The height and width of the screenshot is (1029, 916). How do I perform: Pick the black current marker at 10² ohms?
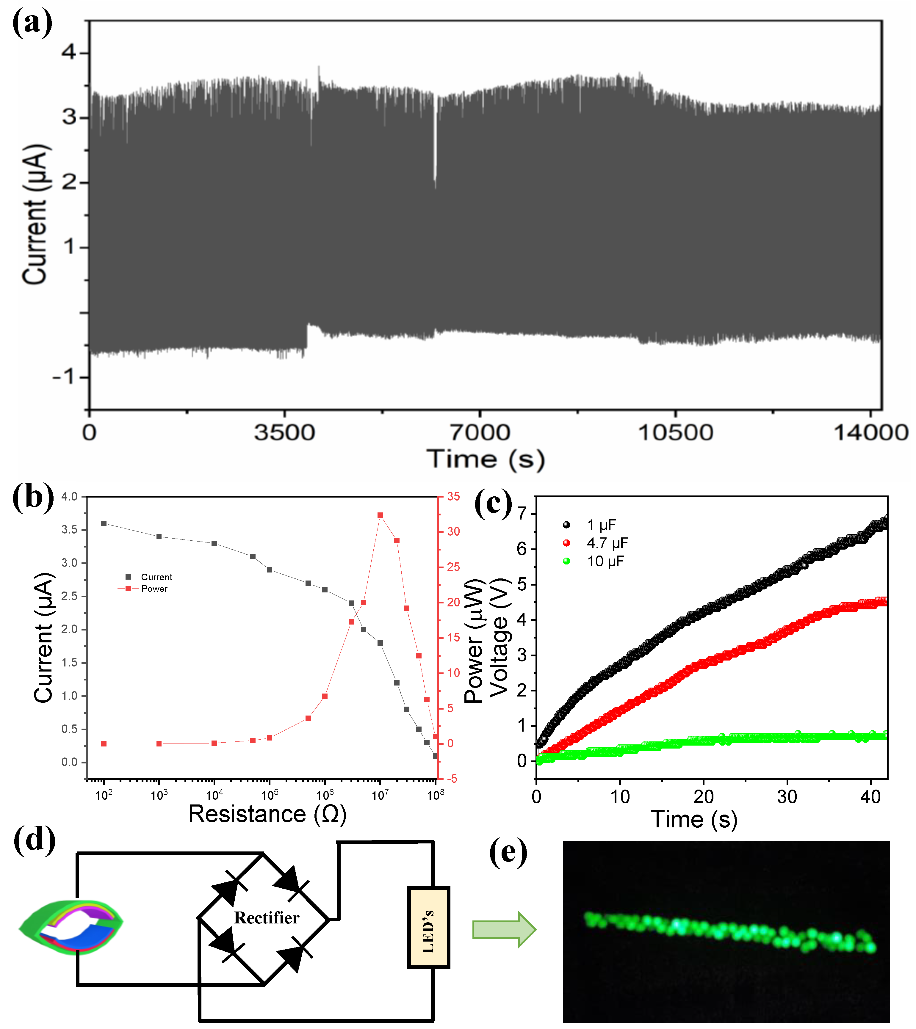104,523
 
